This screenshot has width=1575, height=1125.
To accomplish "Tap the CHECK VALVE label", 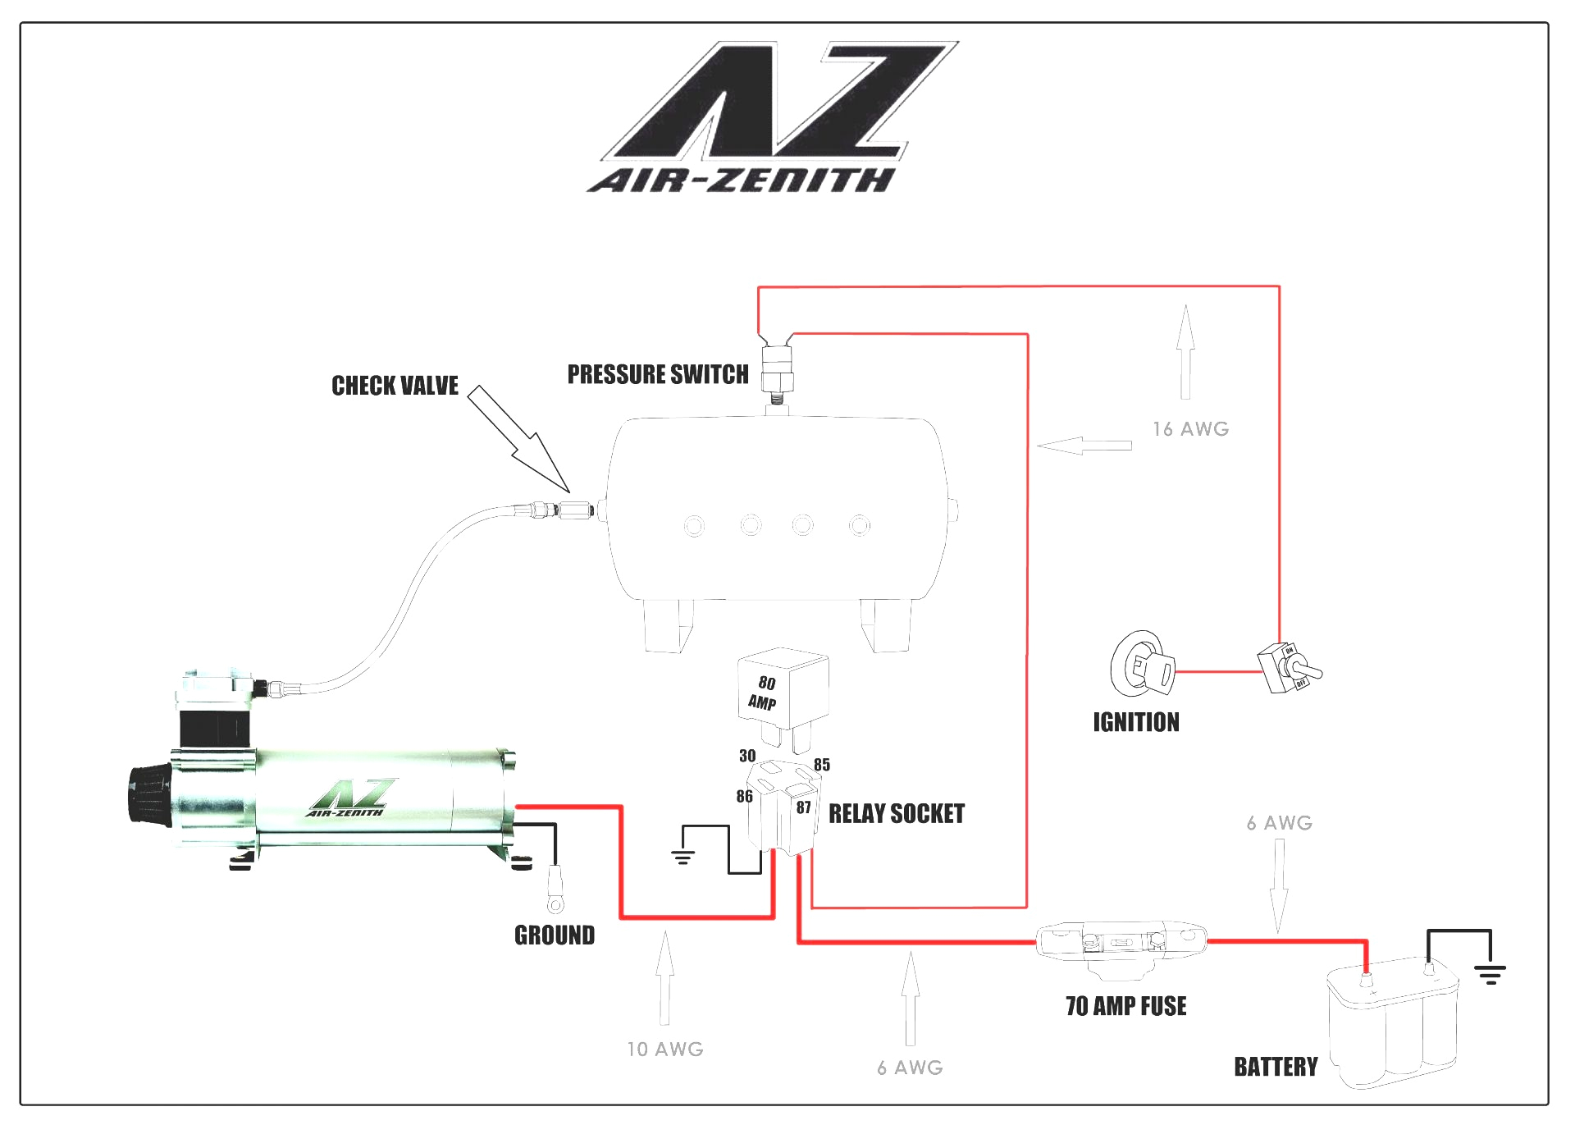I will pyautogui.click(x=395, y=386).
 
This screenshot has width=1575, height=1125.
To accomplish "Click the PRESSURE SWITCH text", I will pyautogui.click(x=658, y=375).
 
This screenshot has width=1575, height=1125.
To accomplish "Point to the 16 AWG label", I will pyautogui.click(x=1190, y=429).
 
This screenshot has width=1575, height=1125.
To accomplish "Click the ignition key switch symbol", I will pyautogui.click(x=1141, y=665).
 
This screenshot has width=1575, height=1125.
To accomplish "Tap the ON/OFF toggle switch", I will pyautogui.click(x=1288, y=668).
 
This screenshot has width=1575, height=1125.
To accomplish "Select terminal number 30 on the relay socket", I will pyautogui.click(x=747, y=756).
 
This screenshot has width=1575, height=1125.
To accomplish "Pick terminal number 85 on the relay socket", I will pyautogui.click(x=821, y=765).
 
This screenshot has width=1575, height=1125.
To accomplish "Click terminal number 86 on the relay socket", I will pyautogui.click(x=744, y=796).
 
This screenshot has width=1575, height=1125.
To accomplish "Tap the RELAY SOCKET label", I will pyautogui.click(x=897, y=814).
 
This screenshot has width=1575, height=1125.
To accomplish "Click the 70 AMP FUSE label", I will pyautogui.click(x=1125, y=1006).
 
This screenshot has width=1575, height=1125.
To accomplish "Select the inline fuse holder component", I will pyautogui.click(x=1121, y=944).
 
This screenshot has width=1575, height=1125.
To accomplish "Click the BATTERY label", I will pyautogui.click(x=1276, y=1067).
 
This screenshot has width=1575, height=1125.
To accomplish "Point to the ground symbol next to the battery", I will pyautogui.click(x=1490, y=974).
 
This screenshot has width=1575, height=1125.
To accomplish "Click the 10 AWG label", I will pyautogui.click(x=665, y=1050).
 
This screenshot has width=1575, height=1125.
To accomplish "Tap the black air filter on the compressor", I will pyautogui.click(x=148, y=793).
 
